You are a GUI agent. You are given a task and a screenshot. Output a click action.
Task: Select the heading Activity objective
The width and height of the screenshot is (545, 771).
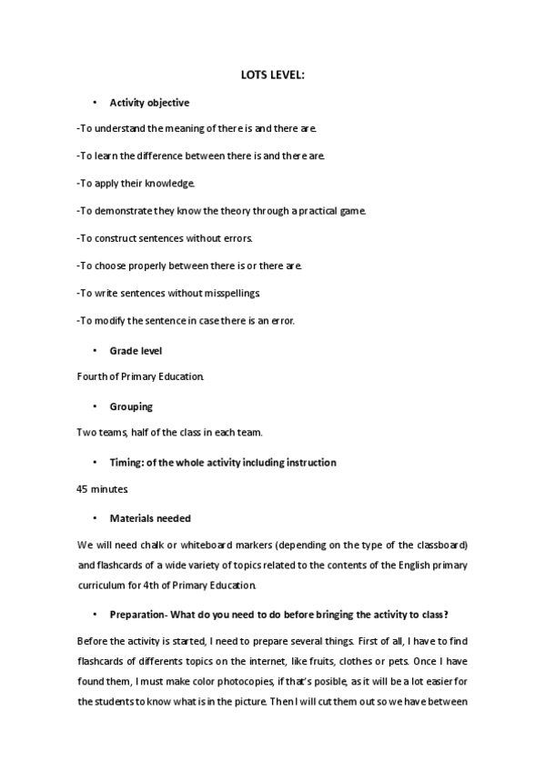149,103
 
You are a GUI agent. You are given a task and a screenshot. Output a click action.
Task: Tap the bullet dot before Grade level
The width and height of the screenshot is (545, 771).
95,350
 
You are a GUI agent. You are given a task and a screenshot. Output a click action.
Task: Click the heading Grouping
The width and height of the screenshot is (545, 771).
131,406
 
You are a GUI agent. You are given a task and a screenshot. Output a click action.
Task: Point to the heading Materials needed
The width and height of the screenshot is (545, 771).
150,518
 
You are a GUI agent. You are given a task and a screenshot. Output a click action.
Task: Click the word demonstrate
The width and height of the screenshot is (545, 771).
123,211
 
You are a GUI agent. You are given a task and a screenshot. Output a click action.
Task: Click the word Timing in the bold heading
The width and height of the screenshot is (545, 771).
126,463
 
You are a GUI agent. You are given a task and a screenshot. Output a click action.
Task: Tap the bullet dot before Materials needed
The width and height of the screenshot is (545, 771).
95,518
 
